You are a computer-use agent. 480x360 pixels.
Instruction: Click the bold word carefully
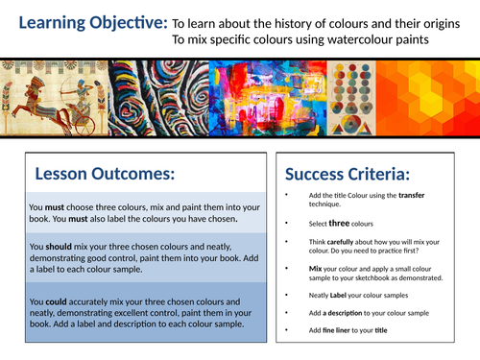pyautogui.click(x=355, y=244)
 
